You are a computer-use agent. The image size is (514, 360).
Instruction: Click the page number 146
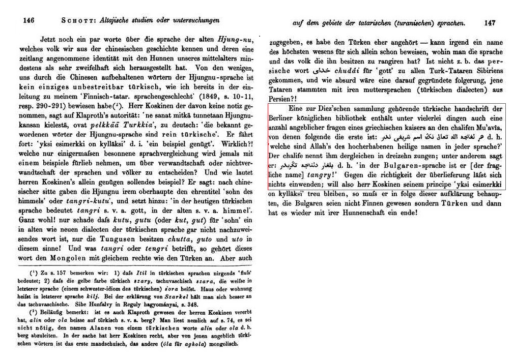(28, 21)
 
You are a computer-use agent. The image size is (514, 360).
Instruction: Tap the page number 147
(490, 23)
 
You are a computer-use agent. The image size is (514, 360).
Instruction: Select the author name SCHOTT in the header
(77, 21)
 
